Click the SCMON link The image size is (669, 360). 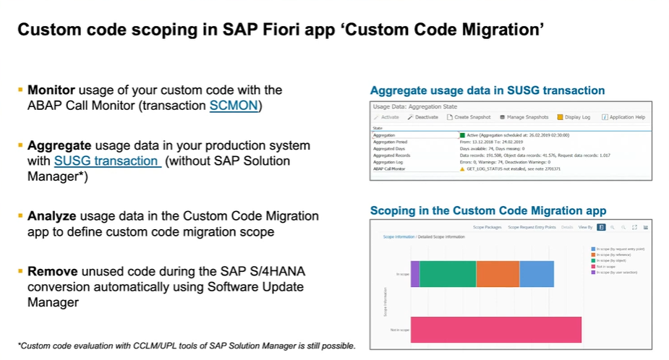236,106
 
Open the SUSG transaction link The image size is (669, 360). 107,160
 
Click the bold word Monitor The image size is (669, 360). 51,90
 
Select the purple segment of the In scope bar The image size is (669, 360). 415,274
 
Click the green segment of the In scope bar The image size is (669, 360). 448,274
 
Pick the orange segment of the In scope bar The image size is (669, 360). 498,274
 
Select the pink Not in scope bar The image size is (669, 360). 495,330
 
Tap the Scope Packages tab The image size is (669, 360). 487,227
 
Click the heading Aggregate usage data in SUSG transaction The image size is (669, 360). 487,90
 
